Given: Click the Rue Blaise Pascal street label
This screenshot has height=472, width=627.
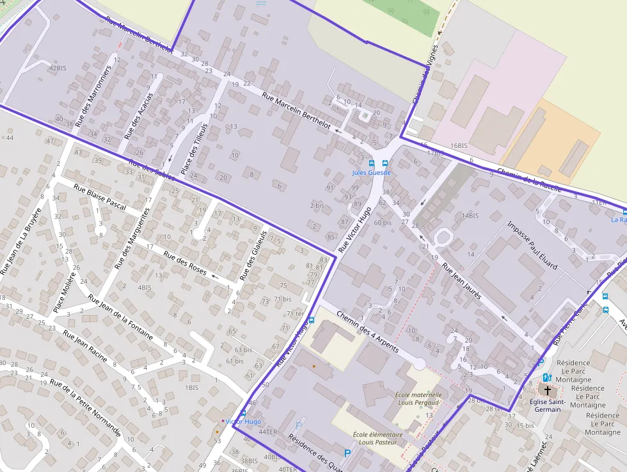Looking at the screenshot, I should [x=100, y=196].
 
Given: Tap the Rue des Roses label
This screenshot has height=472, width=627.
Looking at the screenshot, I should [x=185, y=263].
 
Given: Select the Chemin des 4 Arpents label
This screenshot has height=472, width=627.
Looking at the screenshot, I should [x=367, y=332].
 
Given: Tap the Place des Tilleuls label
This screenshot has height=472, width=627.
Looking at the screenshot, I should [x=194, y=149].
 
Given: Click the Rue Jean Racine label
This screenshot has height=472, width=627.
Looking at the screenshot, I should [x=85, y=345].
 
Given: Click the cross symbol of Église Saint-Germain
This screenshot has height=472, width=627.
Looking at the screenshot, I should [x=547, y=389].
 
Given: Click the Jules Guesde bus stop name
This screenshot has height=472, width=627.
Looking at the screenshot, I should [x=371, y=173].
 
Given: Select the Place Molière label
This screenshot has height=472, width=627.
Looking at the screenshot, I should [x=65, y=293].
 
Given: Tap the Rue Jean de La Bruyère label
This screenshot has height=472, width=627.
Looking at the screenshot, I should [x=21, y=241].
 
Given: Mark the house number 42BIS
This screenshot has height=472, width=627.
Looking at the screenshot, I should [x=58, y=68].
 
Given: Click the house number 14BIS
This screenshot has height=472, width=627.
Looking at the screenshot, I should [x=470, y=216].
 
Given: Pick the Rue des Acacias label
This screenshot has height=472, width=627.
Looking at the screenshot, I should [x=139, y=117].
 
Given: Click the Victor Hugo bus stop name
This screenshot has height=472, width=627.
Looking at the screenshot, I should [x=243, y=421].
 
